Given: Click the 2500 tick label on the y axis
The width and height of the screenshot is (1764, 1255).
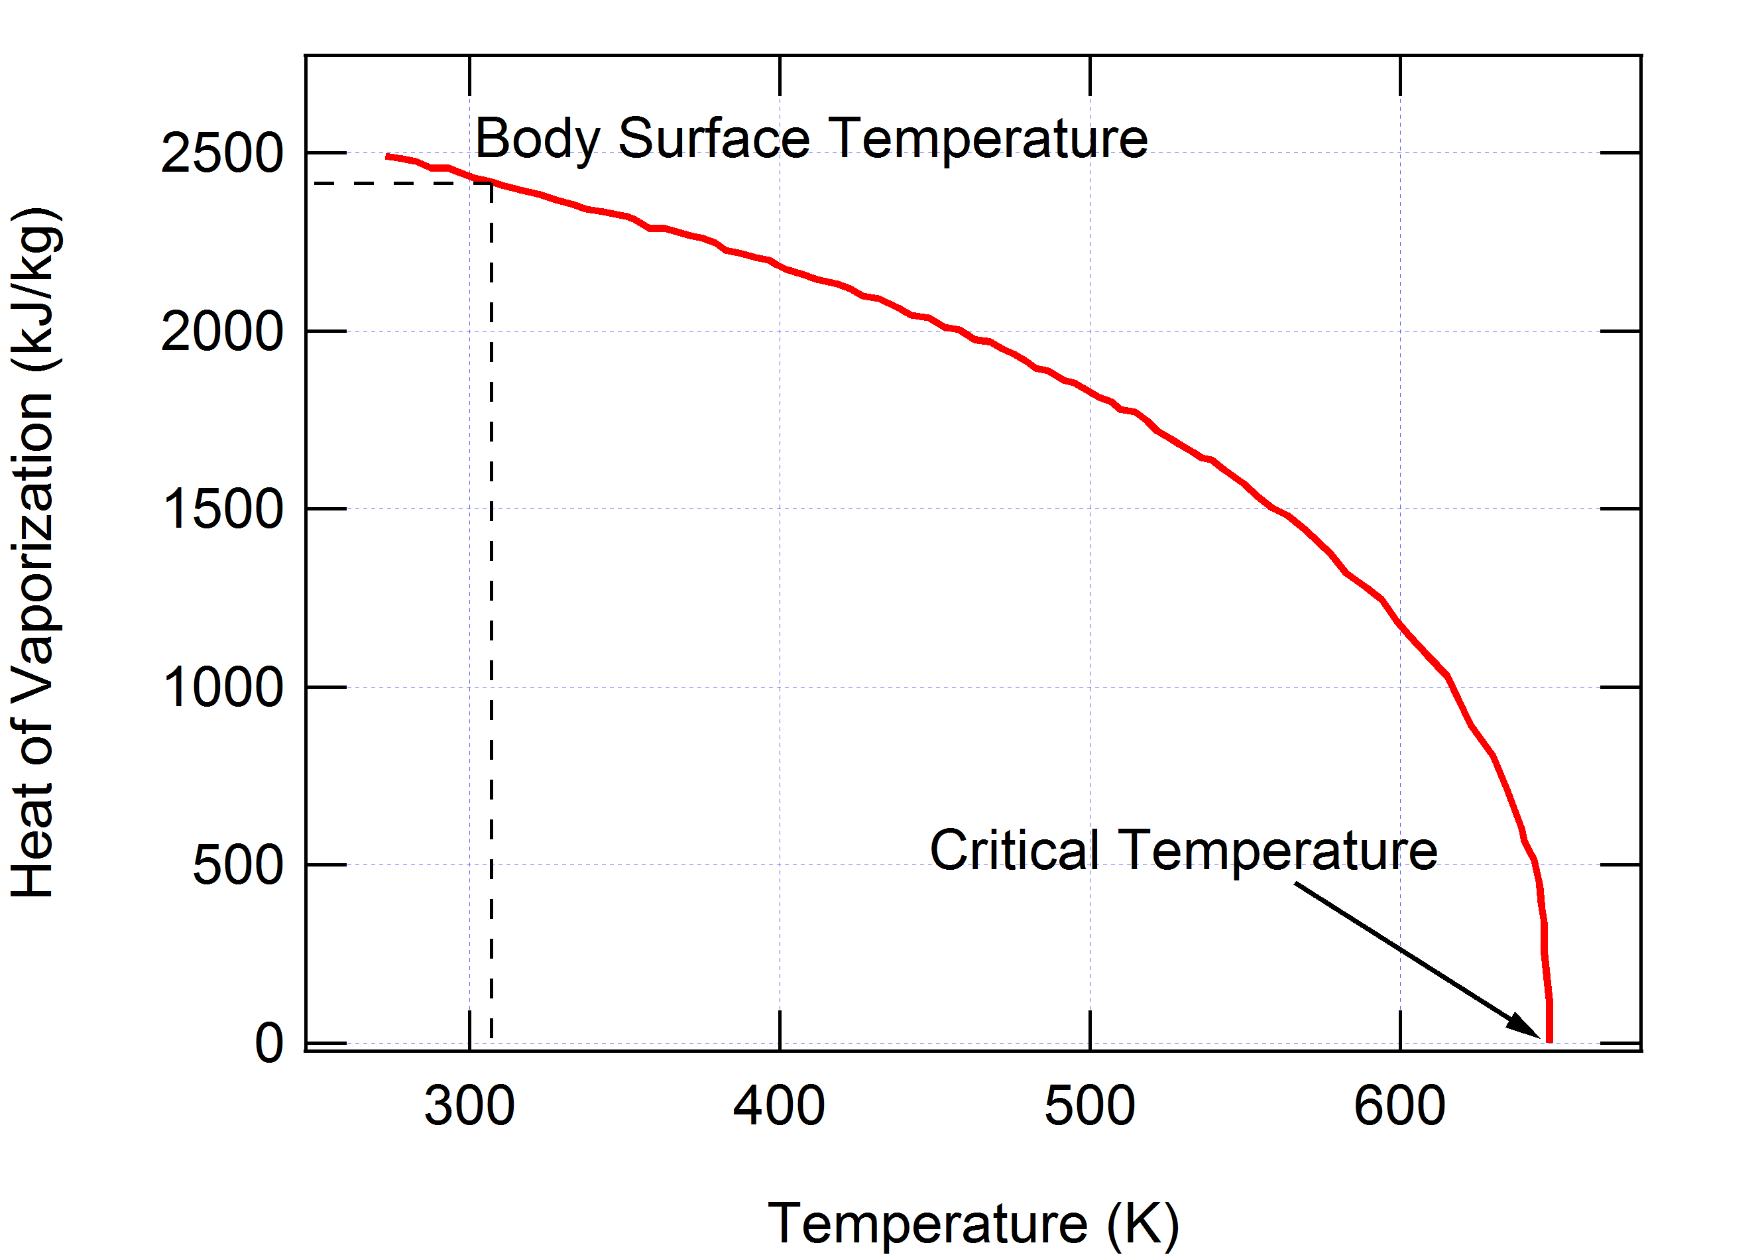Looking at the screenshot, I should tap(222, 153).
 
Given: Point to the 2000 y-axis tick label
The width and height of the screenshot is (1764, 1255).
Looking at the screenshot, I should tap(222, 331).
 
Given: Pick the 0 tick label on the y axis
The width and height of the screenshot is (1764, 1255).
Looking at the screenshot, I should tap(269, 1044).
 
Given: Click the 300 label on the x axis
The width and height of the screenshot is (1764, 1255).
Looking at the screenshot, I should tap(469, 1106).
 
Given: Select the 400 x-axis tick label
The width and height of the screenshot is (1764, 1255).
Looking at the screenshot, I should tap(779, 1106).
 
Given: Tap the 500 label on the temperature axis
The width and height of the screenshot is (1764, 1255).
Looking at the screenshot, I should tap(1089, 1106).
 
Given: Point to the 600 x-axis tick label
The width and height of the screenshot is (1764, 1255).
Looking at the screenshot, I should tap(1399, 1106).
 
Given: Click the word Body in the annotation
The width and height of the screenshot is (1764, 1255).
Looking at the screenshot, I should tap(537, 140).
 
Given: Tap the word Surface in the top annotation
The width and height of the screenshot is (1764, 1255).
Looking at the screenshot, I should tap(714, 139).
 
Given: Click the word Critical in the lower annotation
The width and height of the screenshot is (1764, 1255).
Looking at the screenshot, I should tap(1014, 850).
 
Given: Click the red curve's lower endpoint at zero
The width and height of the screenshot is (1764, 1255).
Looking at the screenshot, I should tap(1549, 1040).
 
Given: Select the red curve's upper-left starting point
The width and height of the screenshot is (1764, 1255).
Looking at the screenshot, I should tap(388, 156).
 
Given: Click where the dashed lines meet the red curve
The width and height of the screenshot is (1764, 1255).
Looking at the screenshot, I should tap(491, 183).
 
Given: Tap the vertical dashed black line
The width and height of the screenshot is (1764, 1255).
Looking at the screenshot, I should tap(491, 619).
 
